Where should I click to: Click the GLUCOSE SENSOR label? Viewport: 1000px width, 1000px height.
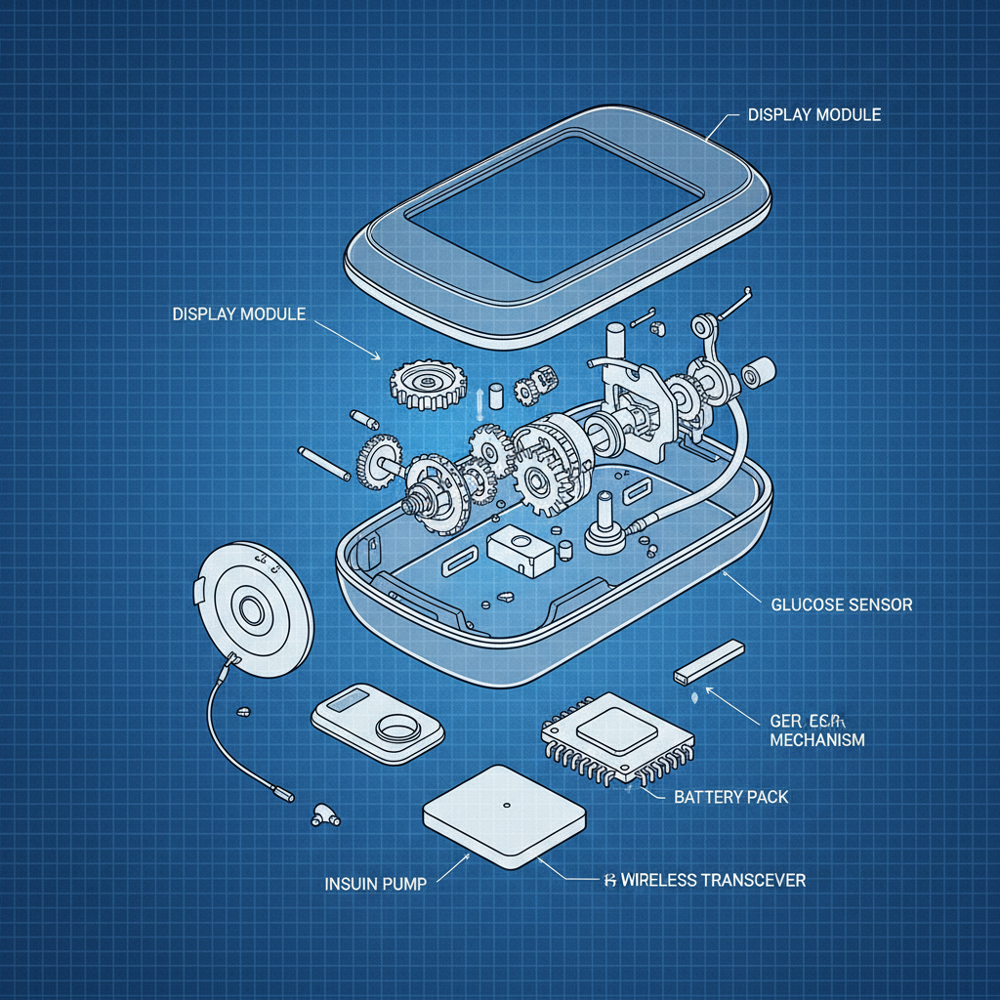click(x=841, y=604)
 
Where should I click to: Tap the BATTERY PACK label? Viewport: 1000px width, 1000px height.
click(x=730, y=797)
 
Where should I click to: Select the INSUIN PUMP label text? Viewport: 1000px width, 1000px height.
click(x=374, y=884)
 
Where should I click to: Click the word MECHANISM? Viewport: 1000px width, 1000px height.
click(x=816, y=739)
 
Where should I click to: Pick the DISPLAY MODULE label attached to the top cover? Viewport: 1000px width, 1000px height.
click(x=813, y=115)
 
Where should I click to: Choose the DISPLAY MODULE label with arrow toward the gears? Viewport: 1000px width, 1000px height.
click(x=238, y=314)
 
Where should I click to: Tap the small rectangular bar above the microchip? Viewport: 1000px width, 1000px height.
click(x=710, y=661)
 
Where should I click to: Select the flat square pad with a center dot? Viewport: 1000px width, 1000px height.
click(x=504, y=817)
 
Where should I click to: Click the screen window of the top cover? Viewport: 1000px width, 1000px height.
click(x=552, y=204)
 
